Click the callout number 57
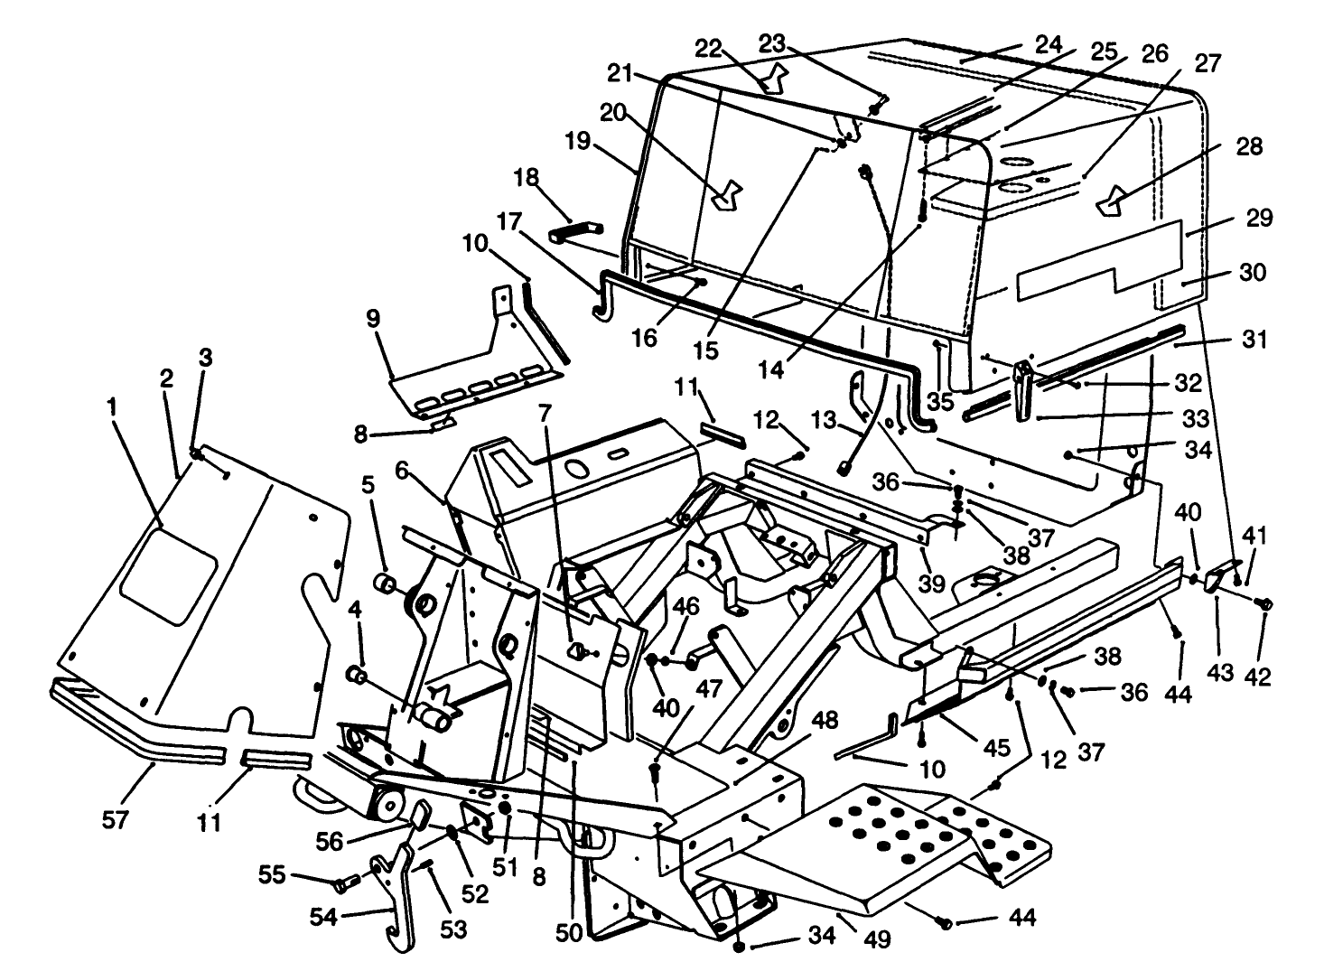coord(116,820)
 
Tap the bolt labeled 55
coord(340,881)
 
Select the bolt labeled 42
coord(1265,603)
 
